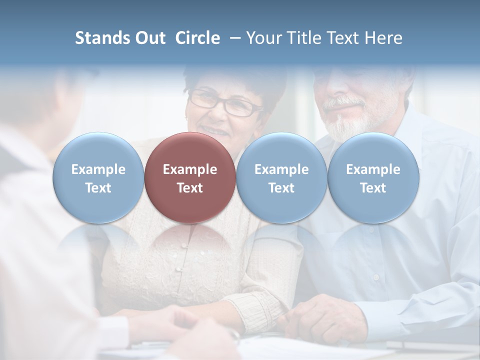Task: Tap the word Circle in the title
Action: coord(197,38)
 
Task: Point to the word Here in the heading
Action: coord(384,38)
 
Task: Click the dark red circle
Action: coord(190,177)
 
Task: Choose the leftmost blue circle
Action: coord(98,177)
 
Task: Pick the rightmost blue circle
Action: coord(373,177)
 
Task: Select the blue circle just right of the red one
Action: coord(281,177)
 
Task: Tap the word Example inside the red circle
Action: coord(190,169)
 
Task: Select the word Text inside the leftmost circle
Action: coord(98,188)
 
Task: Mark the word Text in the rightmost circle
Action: coord(373,188)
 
